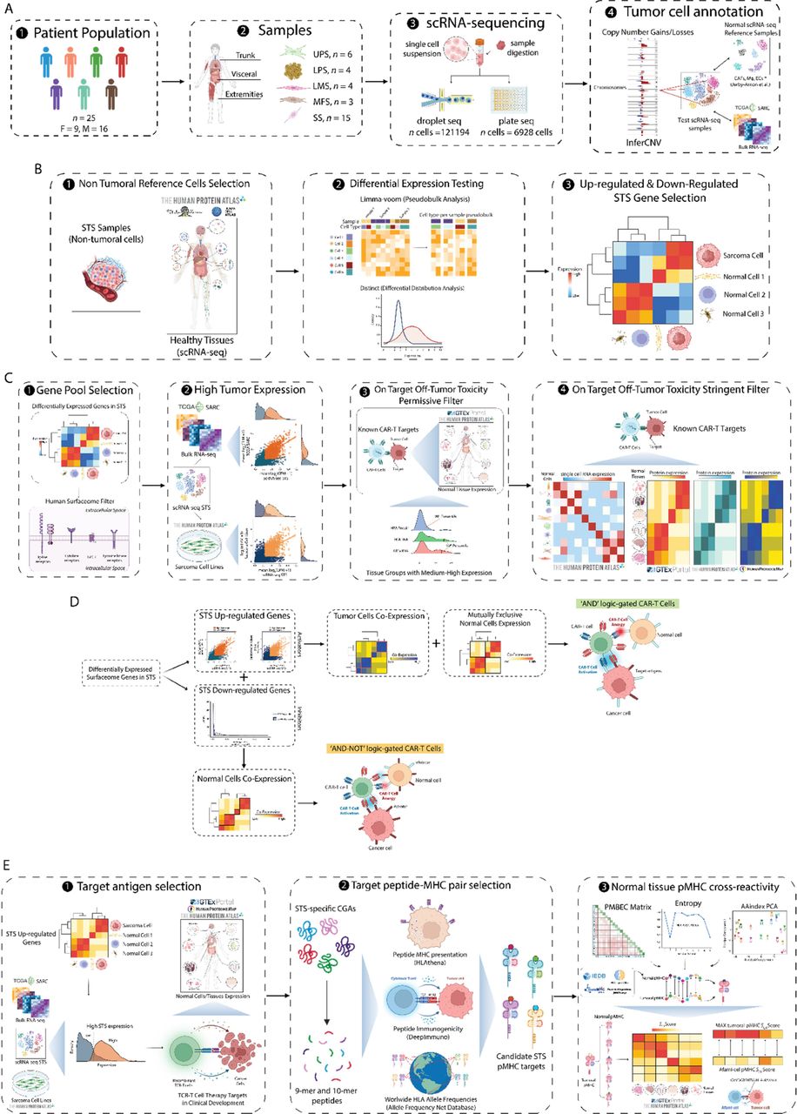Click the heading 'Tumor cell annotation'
tap(692, 14)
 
